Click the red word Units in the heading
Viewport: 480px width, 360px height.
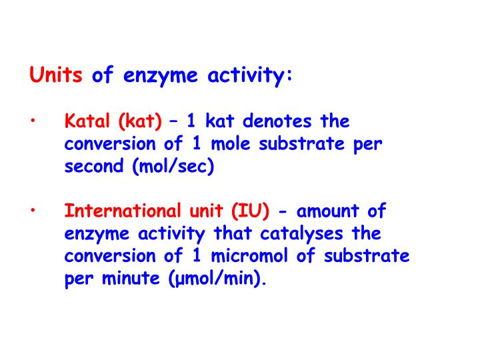tap(56, 75)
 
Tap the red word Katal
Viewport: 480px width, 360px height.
tap(89, 121)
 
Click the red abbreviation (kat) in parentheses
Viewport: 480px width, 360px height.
tap(140, 122)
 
